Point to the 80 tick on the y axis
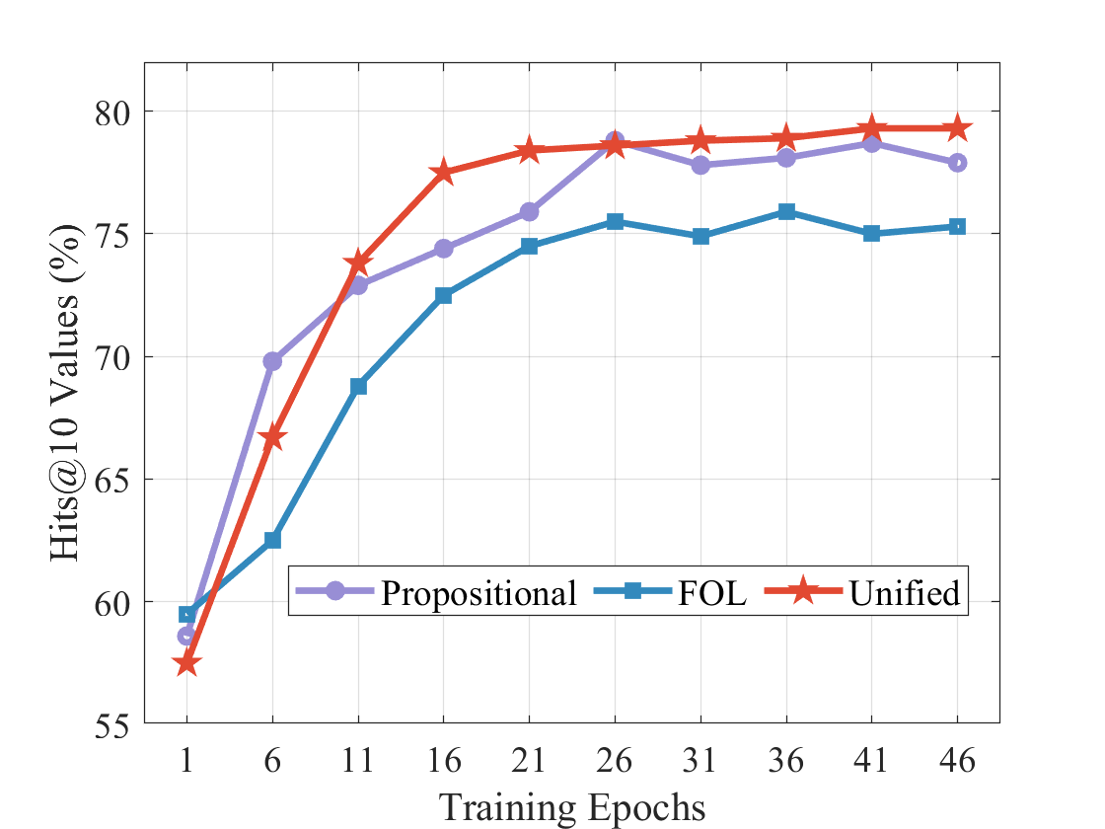[116, 112]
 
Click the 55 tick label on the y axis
[116, 725]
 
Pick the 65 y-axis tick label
[116, 480]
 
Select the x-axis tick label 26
[615, 761]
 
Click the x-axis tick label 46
[957, 761]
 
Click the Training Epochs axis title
[572, 807]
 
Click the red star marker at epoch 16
[444, 173]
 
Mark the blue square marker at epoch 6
[273, 540]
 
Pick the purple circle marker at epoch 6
[273, 361]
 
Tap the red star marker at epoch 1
[187, 664]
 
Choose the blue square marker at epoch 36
[786, 212]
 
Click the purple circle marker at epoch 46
[957, 163]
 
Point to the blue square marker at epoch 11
[358, 386]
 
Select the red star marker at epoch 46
[957, 128]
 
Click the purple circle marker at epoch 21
[530, 212]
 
